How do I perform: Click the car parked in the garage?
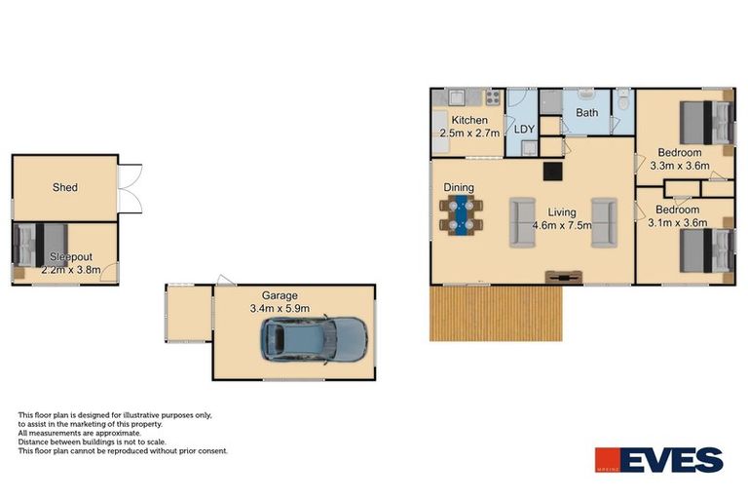[x=313, y=338]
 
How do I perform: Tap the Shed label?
[x=65, y=187]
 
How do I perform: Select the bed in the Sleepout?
[x=39, y=244]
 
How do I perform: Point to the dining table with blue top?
[x=463, y=214]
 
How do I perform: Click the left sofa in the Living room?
[x=523, y=222]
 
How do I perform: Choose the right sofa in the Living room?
[x=603, y=222]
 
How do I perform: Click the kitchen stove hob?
[x=492, y=97]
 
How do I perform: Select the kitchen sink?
[x=456, y=97]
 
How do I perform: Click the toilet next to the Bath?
[x=622, y=99]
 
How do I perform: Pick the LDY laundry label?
[x=524, y=129]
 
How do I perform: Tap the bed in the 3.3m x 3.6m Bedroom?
[x=704, y=122]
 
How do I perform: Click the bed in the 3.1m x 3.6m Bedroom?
[x=704, y=251]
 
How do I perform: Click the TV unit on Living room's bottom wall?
[x=561, y=276]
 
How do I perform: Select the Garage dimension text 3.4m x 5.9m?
[x=280, y=309]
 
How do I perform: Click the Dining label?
[x=459, y=187]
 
